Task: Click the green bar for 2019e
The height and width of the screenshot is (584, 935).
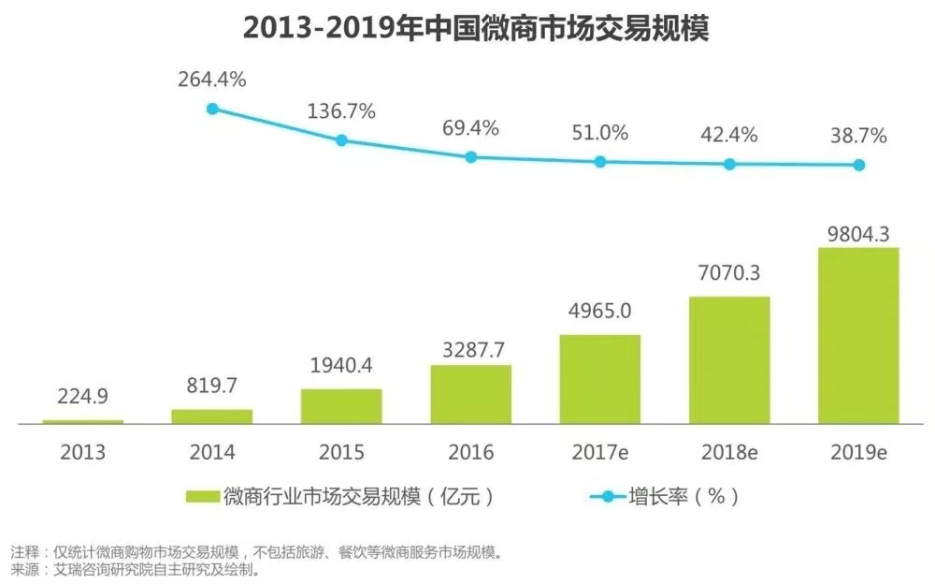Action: click(858, 335)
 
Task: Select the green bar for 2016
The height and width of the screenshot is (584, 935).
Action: click(470, 394)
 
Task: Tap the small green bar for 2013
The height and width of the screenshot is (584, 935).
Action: click(82, 421)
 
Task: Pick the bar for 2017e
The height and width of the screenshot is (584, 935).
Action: click(600, 379)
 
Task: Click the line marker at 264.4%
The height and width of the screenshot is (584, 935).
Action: click(212, 109)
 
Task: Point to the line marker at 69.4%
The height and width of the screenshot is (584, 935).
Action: click(471, 156)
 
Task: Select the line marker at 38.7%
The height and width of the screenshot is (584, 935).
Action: click(858, 165)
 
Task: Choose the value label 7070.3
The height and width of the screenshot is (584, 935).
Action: click(729, 273)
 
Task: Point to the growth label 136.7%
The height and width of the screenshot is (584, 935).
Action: click(341, 111)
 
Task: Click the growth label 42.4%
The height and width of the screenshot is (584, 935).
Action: click(729, 134)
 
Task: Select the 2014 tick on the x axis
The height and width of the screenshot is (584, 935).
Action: click(212, 454)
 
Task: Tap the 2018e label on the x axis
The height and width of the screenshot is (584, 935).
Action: click(729, 454)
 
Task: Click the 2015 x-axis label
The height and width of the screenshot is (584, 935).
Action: click(341, 454)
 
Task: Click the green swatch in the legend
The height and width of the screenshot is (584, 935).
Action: click(203, 496)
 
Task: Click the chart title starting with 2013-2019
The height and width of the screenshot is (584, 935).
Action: click(476, 28)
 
